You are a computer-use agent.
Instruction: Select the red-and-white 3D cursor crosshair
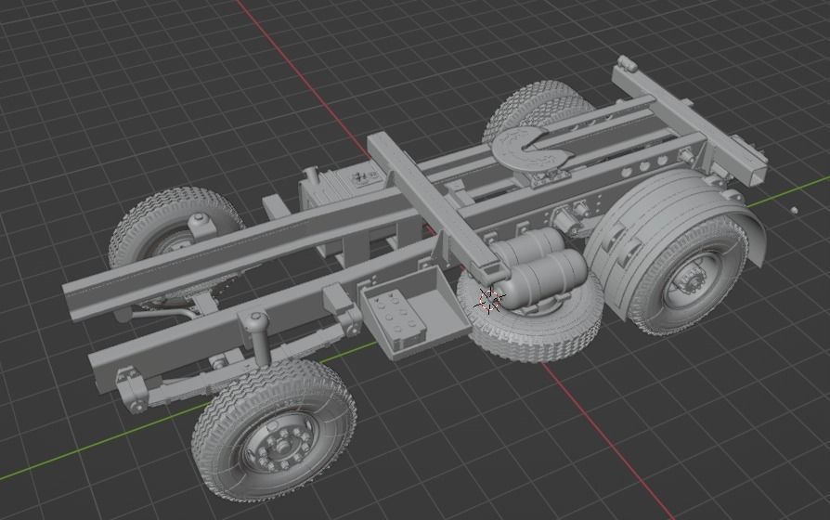pyautogui.click(x=489, y=299)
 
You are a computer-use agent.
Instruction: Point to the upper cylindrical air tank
pyautogui.click(x=533, y=248)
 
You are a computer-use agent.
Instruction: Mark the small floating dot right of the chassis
pyautogui.click(x=793, y=210)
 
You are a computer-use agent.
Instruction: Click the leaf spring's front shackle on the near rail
pyautogui.click(x=131, y=396)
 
